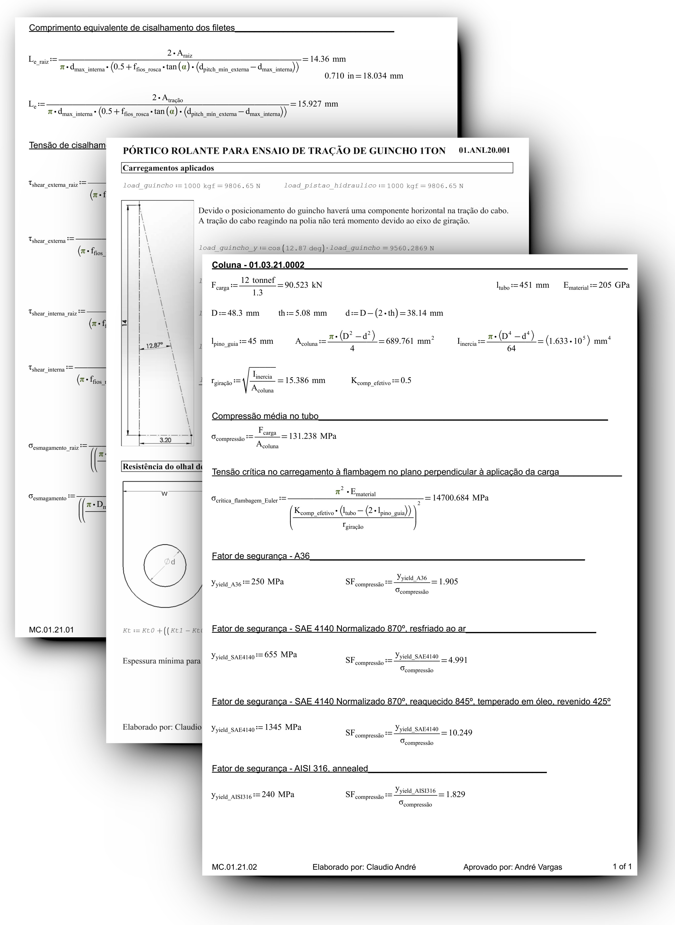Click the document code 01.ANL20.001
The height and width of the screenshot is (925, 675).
[x=484, y=150]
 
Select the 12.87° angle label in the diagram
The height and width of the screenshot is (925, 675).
[x=154, y=345]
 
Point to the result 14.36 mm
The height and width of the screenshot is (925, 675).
[x=328, y=59]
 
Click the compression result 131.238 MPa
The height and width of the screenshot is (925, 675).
[x=313, y=436]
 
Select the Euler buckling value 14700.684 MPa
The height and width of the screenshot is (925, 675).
[x=461, y=498]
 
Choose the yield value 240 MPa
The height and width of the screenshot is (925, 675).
[x=278, y=794]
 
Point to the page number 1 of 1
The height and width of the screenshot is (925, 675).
[x=622, y=867]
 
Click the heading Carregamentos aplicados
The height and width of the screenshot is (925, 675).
[x=168, y=168]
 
